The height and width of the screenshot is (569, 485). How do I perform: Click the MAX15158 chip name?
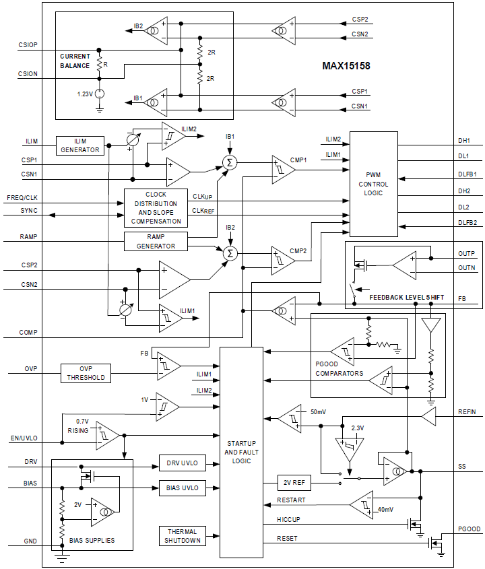click(346, 66)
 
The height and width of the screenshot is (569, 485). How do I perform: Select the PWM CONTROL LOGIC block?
click(373, 184)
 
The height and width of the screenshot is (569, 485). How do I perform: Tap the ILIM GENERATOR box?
click(81, 145)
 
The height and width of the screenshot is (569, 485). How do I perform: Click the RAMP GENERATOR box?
click(156, 242)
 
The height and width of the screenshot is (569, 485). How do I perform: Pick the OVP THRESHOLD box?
click(86, 373)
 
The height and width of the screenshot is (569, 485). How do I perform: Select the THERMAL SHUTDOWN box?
click(183, 536)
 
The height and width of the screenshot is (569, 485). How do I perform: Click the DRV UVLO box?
click(183, 463)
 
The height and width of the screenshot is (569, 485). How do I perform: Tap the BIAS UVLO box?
click(183, 488)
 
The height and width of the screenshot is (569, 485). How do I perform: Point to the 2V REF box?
click(296, 482)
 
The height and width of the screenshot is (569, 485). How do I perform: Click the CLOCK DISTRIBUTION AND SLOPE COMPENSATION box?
click(156, 207)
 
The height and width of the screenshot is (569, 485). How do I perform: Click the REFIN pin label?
click(467, 411)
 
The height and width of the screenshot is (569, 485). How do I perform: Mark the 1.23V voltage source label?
click(85, 94)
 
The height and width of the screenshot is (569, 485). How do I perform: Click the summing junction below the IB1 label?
click(230, 162)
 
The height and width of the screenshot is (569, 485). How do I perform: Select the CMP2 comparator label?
click(298, 250)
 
